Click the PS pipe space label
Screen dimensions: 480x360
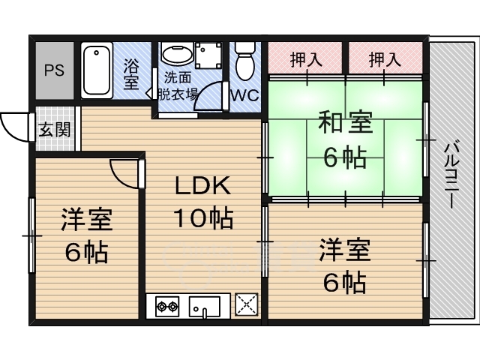pyautogui.click(x=54, y=70)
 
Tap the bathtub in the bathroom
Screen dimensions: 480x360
pyautogui.click(x=97, y=70)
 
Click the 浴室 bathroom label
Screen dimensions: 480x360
pyautogui.click(x=131, y=73)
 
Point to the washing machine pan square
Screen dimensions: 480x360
pyautogui.click(x=208, y=55)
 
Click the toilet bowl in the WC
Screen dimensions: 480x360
pyautogui.click(x=245, y=61)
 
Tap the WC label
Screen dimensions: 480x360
pyautogui.click(x=245, y=95)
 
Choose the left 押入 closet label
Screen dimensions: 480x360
pyautogui.click(x=306, y=59)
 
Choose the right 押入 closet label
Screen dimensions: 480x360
pyautogui.click(x=385, y=59)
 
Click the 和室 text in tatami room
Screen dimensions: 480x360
pyautogui.click(x=345, y=122)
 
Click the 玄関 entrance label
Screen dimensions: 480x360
pyautogui.click(x=55, y=130)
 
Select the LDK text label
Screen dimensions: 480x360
pyautogui.click(x=202, y=186)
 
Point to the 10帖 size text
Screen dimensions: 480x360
pyautogui.click(x=203, y=218)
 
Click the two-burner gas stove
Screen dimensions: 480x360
pyautogui.click(x=167, y=306)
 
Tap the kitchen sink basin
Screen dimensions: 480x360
pyautogui.click(x=204, y=306)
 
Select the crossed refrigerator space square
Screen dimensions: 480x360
pyautogui.click(x=247, y=304)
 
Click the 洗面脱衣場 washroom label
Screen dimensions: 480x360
pyautogui.click(x=178, y=86)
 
